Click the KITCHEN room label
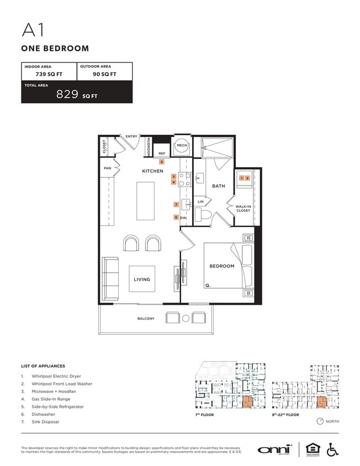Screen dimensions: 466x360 pos(153,171)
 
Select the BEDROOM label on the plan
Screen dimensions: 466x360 pos(221,266)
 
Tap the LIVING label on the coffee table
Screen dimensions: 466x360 pos(142,279)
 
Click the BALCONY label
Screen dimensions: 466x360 pos(146,319)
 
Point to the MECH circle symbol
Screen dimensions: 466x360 pos(182,145)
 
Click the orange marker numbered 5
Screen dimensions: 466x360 pos(162,162)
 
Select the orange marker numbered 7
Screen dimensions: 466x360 pos(176,204)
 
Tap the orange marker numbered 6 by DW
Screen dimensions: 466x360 pos(176,218)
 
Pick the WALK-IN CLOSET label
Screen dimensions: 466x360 pos(243,208)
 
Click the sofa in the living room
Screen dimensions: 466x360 pos(110,279)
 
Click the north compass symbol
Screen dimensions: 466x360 pos(320,421)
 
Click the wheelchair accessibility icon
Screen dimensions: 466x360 pos(333,449)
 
